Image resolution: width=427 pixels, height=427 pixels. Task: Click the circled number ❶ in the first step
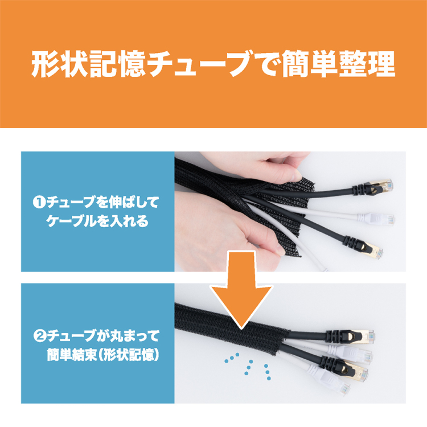pyautogui.click(x=38, y=202)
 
